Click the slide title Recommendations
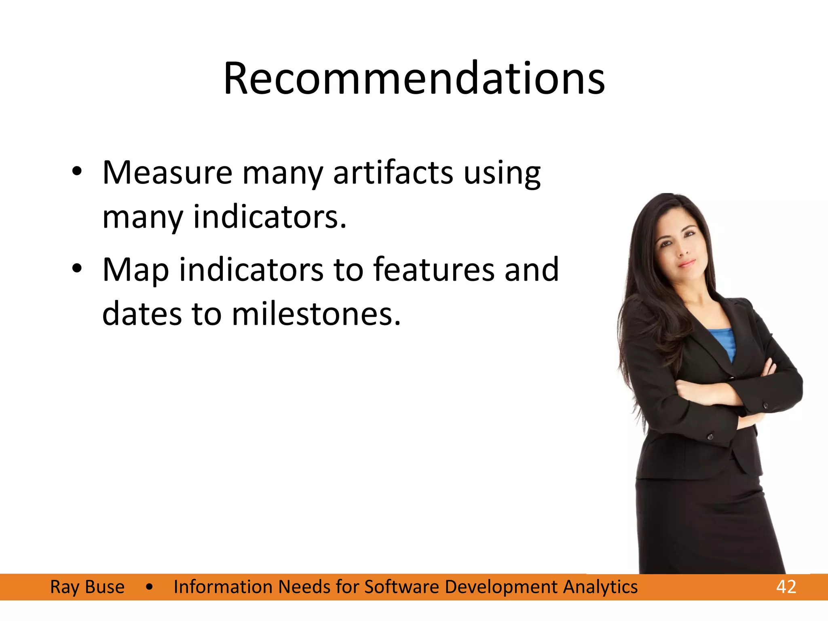pos(414,78)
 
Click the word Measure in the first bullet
pos(167,173)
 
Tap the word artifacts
pos(393,173)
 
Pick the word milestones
pos(316,315)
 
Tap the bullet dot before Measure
pos(77,171)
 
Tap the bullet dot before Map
pos(77,268)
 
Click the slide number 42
pos(786,587)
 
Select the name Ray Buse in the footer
pos(87,587)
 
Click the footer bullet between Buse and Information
pos(150,587)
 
